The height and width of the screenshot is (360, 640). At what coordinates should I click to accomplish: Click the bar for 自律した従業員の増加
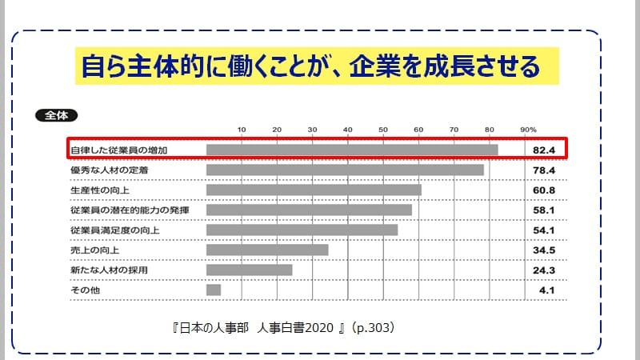pyautogui.click(x=352, y=150)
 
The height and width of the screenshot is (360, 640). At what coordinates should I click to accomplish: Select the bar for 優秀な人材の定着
pyautogui.click(x=345, y=170)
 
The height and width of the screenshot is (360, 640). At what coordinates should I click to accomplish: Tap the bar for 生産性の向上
pyautogui.click(x=314, y=190)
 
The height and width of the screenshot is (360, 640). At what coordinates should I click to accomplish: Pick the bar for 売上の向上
pyautogui.click(x=267, y=250)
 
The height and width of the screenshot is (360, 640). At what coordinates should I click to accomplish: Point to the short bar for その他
pyautogui.click(x=214, y=290)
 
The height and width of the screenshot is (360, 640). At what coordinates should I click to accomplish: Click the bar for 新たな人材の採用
pyautogui.click(x=249, y=270)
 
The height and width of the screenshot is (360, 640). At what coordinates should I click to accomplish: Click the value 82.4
pyautogui.click(x=545, y=150)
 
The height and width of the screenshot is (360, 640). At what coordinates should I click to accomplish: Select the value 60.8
pyautogui.click(x=545, y=190)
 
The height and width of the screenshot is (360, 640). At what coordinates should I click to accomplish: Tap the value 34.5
pyautogui.click(x=545, y=250)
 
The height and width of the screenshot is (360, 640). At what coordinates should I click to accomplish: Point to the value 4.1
pyautogui.click(x=547, y=290)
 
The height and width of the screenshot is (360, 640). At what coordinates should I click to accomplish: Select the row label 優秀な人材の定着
pyautogui.click(x=98, y=170)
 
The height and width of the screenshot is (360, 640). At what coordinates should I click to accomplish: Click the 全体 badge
pyautogui.click(x=56, y=115)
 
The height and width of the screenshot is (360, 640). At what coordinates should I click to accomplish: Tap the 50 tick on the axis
pyautogui.click(x=383, y=129)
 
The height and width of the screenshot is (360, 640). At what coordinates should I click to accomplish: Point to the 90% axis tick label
pyautogui.click(x=528, y=129)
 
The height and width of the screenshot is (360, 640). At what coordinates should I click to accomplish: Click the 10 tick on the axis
pyautogui.click(x=242, y=129)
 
